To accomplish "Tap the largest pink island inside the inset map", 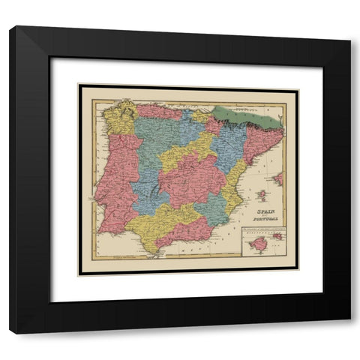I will click(x=259, y=244).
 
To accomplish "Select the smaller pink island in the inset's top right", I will click(x=277, y=235).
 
